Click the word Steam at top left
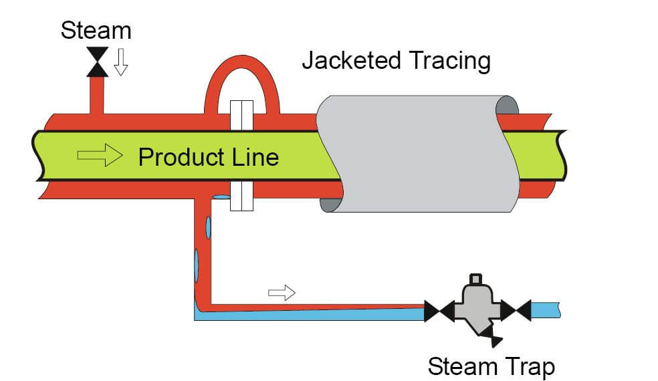coord(96,30)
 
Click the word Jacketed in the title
coord(348,61)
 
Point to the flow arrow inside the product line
coord(100,156)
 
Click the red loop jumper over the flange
coord(241,75)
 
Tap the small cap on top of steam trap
coord(476,279)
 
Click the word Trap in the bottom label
coord(530,366)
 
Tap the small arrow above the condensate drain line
coord(281,292)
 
